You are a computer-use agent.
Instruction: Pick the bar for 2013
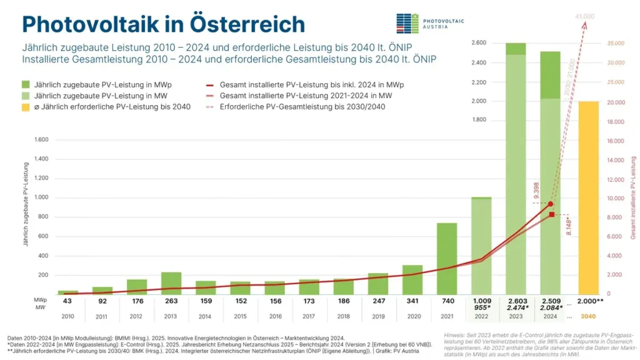171,282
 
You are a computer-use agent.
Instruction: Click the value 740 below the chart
446,301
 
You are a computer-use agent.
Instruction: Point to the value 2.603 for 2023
516,301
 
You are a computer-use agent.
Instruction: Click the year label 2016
274,316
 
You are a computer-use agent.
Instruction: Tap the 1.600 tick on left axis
39,139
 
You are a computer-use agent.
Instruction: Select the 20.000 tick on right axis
616,102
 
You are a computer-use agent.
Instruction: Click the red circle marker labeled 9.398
550,204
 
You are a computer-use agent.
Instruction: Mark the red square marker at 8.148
552,214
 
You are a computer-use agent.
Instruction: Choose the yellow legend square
26,107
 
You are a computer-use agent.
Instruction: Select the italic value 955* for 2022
481,307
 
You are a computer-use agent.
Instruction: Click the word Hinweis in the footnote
454,334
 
